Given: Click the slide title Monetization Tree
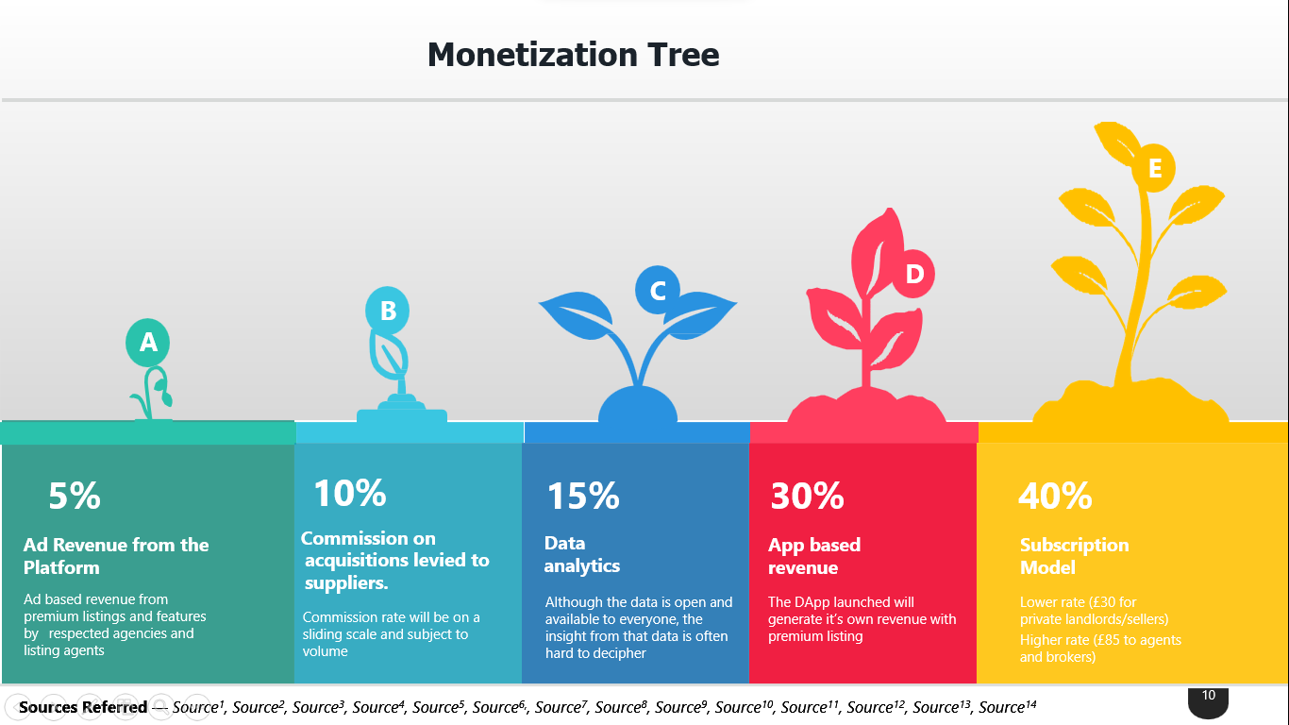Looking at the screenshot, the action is [x=573, y=55].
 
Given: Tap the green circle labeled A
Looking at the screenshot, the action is [x=148, y=343].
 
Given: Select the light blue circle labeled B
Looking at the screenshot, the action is [x=387, y=311].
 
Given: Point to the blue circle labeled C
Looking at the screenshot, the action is [x=658, y=290].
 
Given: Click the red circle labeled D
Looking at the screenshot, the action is [x=913, y=274].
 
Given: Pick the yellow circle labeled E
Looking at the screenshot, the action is [x=1154, y=168].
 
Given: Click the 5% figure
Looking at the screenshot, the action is [x=75, y=496].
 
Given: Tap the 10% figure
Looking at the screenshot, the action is [x=349, y=493].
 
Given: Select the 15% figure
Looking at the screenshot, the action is [x=583, y=496].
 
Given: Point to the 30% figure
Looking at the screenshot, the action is [x=808, y=496].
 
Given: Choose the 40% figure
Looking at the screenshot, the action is [x=1055, y=496].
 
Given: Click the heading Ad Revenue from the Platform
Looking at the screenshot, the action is [x=116, y=556].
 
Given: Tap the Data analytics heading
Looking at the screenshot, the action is [x=582, y=554].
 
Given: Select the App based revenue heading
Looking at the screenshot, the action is [x=814, y=556].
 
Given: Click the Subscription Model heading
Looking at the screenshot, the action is [x=1075, y=556].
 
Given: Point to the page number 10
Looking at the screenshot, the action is [x=1209, y=695].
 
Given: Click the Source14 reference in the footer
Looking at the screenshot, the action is [x=1008, y=706].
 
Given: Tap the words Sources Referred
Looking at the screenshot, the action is [x=83, y=707].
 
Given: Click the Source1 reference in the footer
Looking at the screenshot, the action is [x=198, y=706].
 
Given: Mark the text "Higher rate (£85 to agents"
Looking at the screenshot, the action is [x=1100, y=640].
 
